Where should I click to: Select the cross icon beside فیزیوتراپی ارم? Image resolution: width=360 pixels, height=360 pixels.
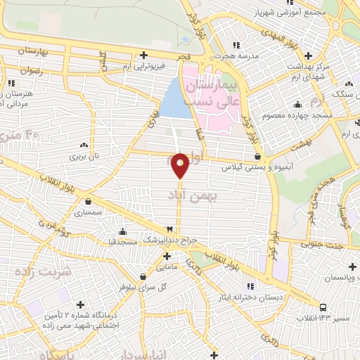143,55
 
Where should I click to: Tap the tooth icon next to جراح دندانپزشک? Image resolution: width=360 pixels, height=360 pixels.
169,230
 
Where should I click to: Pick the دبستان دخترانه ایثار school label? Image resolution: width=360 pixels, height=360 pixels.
271,298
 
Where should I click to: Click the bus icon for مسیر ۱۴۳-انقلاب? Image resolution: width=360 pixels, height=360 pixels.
322,307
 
